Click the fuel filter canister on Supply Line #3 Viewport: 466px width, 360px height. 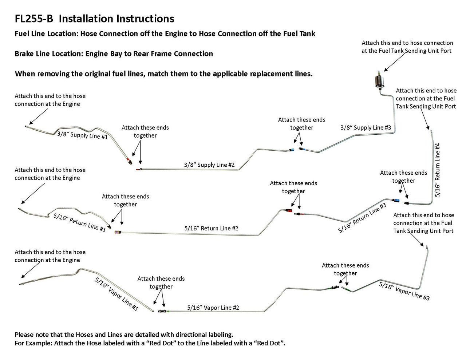click(x=378, y=81)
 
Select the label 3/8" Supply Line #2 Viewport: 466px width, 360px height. click(x=209, y=165)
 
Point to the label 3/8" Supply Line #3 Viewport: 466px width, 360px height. click(x=366, y=128)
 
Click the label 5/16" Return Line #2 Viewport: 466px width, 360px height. click(x=211, y=228)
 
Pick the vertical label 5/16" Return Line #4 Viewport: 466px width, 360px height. click(x=438, y=170)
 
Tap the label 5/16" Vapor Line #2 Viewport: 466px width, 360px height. click(x=213, y=308)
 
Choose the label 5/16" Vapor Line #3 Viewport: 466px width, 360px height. click(x=404, y=291)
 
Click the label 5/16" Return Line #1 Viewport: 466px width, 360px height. click(x=79, y=222)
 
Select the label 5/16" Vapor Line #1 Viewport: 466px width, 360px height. click(x=116, y=294)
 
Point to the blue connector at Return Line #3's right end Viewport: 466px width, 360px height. click(x=396, y=200)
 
